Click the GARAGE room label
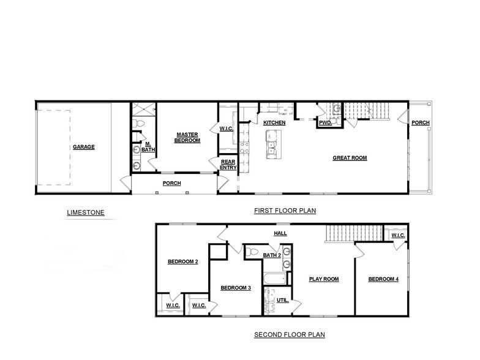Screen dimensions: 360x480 84,147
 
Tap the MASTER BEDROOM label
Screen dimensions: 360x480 188,137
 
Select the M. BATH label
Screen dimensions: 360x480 148,147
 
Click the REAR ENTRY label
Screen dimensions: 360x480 228,164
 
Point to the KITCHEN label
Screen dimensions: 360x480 274,123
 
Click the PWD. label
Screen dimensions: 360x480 325,123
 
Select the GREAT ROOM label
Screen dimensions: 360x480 350,157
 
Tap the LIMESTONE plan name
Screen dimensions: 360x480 86,212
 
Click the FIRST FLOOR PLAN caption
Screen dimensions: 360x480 285,211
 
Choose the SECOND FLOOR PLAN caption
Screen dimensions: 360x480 289,334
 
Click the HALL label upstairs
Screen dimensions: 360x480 280,233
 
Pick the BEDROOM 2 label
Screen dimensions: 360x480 182,262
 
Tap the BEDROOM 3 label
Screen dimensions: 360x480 236,288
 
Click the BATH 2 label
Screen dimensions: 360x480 272,255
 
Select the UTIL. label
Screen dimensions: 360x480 282,300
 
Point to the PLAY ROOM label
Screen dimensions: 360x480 323,279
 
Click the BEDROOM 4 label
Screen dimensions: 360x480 383,279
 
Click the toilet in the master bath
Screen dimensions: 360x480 140,125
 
